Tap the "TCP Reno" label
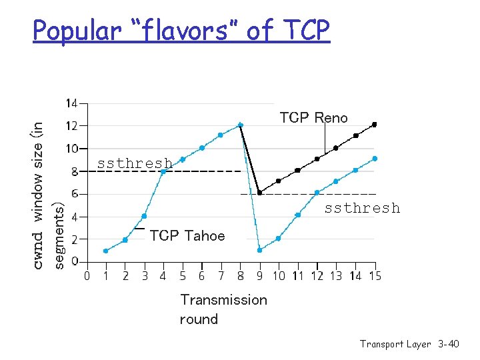pyautogui.click(x=313, y=118)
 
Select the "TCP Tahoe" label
pyautogui.click(x=187, y=235)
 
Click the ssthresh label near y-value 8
pyautogui.click(x=135, y=163)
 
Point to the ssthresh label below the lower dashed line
pyautogui.click(x=362, y=208)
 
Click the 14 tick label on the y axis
pyautogui.click(x=71, y=103)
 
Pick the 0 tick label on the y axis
pyautogui.click(x=75, y=261)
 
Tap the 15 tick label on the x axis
pyautogui.click(x=375, y=275)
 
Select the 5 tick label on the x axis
pyautogui.click(x=182, y=275)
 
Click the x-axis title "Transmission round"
pyautogui.click(x=223, y=309)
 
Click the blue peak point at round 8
pyautogui.click(x=240, y=125)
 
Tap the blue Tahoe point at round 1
pyautogui.click(x=106, y=251)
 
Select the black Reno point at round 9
pyautogui.click(x=259, y=193)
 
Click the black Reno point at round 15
pyautogui.click(x=375, y=125)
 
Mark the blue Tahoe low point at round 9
pyautogui.click(x=259, y=250)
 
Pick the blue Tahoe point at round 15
pyautogui.click(x=375, y=159)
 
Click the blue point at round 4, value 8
pyautogui.click(x=163, y=171)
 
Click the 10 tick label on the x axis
pyautogui.click(x=279, y=275)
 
